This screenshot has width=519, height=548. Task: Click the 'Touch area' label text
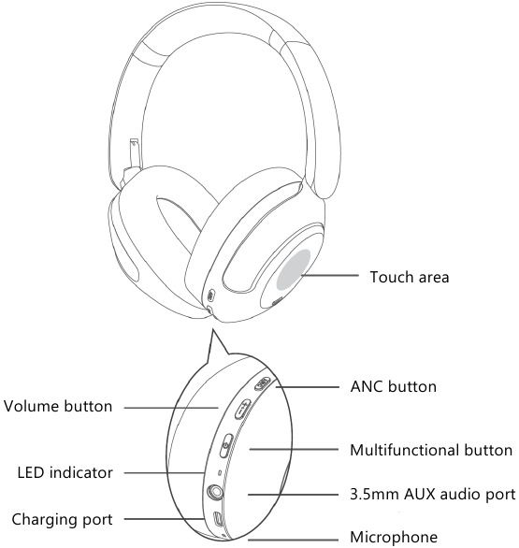tap(410, 277)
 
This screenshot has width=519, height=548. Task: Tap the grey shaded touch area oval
tap(294, 269)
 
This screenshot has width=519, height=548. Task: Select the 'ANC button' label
tap(393, 387)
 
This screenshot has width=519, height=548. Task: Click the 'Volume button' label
tap(58, 407)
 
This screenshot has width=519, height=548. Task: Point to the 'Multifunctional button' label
tap(431, 450)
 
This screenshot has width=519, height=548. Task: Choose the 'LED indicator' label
tap(65, 473)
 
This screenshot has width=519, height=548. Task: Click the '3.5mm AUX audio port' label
tap(433, 494)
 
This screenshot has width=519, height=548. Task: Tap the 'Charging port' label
tap(63, 519)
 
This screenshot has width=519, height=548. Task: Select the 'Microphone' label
tap(394, 537)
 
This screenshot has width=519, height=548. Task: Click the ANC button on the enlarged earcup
tap(262, 383)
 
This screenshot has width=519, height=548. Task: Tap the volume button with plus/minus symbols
tap(242, 409)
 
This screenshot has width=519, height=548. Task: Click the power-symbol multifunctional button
tap(226, 445)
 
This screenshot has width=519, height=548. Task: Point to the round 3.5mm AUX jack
tap(215, 493)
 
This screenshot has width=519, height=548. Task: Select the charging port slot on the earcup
tap(218, 519)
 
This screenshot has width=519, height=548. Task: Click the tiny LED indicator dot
tap(219, 473)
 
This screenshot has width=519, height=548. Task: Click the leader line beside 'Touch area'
tap(329, 275)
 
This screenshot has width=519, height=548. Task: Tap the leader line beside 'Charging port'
tap(165, 519)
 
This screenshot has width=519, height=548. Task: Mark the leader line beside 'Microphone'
tap(294, 540)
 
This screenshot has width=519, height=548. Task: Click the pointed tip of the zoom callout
tap(212, 329)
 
